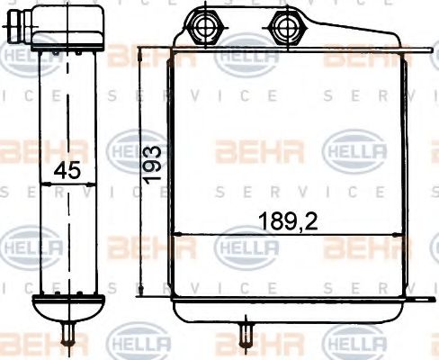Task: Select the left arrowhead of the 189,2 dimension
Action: [175, 234]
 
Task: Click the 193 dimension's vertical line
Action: [141, 171]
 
